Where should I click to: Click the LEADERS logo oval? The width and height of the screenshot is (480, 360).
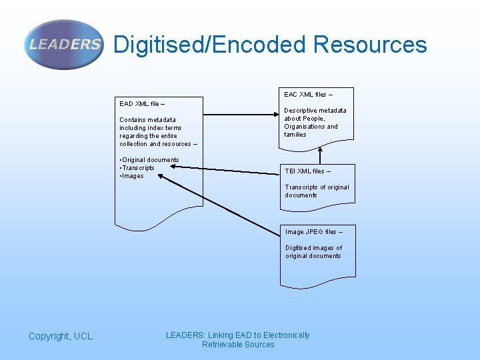click(x=65, y=45)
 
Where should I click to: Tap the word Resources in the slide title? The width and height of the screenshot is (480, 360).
click(x=369, y=45)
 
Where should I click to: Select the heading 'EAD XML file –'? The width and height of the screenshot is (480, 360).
click(x=142, y=104)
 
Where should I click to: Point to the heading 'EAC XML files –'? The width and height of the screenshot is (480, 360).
click(x=309, y=95)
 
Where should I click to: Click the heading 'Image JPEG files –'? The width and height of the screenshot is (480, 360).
click(x=314, y=232)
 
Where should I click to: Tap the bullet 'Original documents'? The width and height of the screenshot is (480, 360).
click(x=150, y=160)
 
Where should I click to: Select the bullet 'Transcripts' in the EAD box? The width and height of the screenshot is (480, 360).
click(x=138, y=168)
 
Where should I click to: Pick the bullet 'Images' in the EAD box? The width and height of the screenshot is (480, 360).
click(x=133, y=176)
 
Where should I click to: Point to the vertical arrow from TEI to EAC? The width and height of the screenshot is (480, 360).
click(x=321, y=153)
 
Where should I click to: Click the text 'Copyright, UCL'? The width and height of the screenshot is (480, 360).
click(x=61, y=337)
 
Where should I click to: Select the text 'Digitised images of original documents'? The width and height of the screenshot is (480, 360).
click(x=313, y=252)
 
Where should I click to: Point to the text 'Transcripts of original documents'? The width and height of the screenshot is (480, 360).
click(x=317, y=191)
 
